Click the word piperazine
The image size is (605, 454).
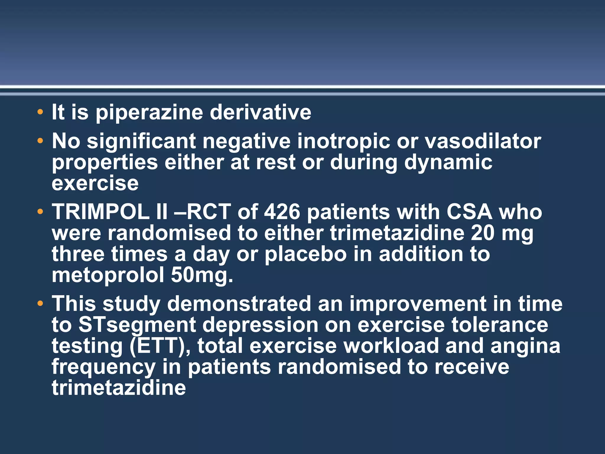(x=149, y=113)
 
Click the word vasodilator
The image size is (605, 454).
(x=483, y=141)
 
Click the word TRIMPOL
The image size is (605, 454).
(x=100, y=212)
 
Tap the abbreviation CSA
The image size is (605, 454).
(x=469, y=212)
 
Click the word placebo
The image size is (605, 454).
(x=305, y=254)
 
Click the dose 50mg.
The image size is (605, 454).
(x=202, y=275)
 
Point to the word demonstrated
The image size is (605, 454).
(x=239, y=304)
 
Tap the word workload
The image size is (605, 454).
(x=391, y=346)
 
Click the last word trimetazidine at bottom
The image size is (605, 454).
(x=119, y=387)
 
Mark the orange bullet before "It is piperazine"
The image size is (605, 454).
(x=40, y=112)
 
